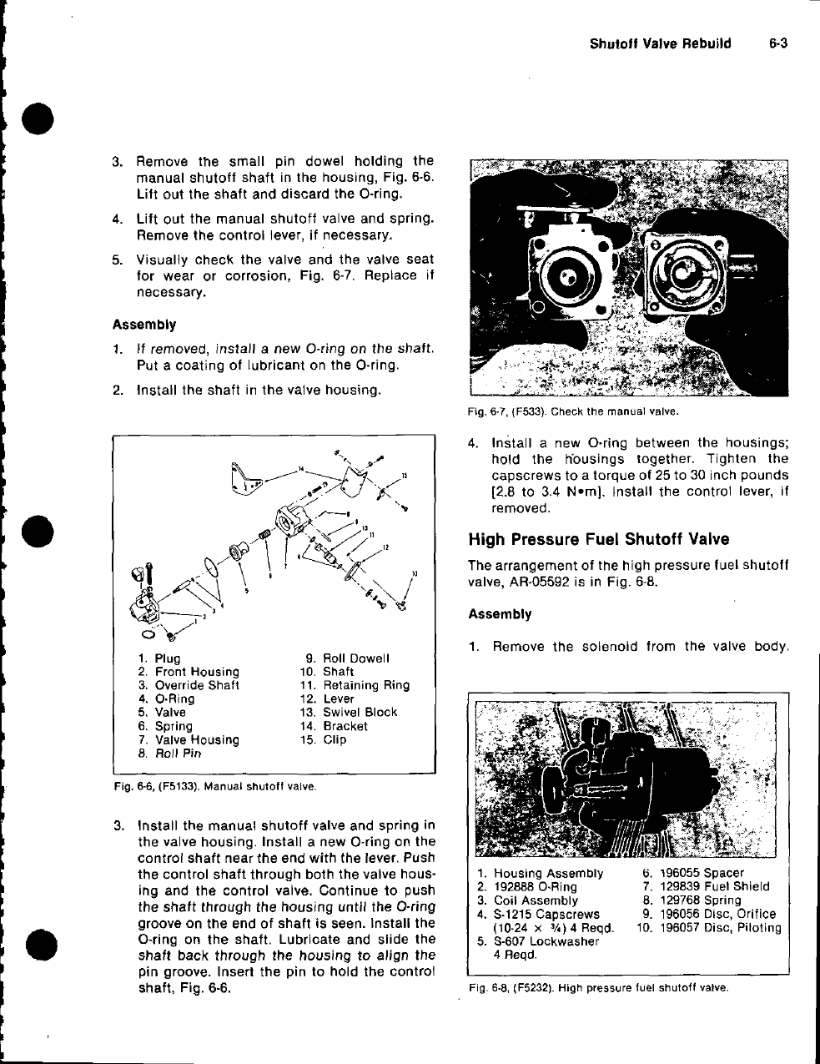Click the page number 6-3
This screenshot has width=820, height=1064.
point(778,43)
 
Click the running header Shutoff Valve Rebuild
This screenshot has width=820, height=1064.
point(660,43)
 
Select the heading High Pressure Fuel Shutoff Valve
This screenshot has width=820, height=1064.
point(599,539)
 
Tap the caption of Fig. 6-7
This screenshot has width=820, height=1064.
point(573,411)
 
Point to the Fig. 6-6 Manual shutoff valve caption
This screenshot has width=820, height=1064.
point(215,786)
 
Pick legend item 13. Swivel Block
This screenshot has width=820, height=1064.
point(349,712)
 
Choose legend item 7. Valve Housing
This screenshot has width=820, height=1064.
point(189,739)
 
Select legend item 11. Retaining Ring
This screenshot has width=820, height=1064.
point(355,685)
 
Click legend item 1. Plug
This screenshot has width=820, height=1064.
point(159,658)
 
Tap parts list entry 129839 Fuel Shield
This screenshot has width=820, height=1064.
point(707,886)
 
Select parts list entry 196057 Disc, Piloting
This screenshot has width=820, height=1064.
point(709,927)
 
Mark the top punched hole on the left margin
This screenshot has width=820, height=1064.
point(38,119)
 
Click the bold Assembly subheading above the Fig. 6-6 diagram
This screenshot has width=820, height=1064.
point(144,325)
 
